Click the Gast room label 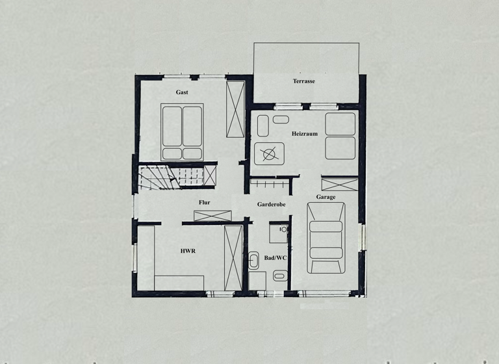(x=182, y=92)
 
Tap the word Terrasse (x=303, y=81)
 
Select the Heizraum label (x=304, y=133)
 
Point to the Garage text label (x=326, y=197)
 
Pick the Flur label (x=204, y=203)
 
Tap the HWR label (x=188, y=250)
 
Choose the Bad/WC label (x=275, y=258)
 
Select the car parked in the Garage (x=326, y=237)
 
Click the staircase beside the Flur (x=156, y=177)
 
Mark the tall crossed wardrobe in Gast (x=235, y=109)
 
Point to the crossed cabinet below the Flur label (x=212, y=216)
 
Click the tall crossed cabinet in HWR (x=233, y=258)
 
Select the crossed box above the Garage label (x=340, y=183)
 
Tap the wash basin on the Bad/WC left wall (x=253, y=262)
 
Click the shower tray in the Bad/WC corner (x=279, y=232)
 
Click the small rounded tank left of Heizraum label (x=281, y=120)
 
